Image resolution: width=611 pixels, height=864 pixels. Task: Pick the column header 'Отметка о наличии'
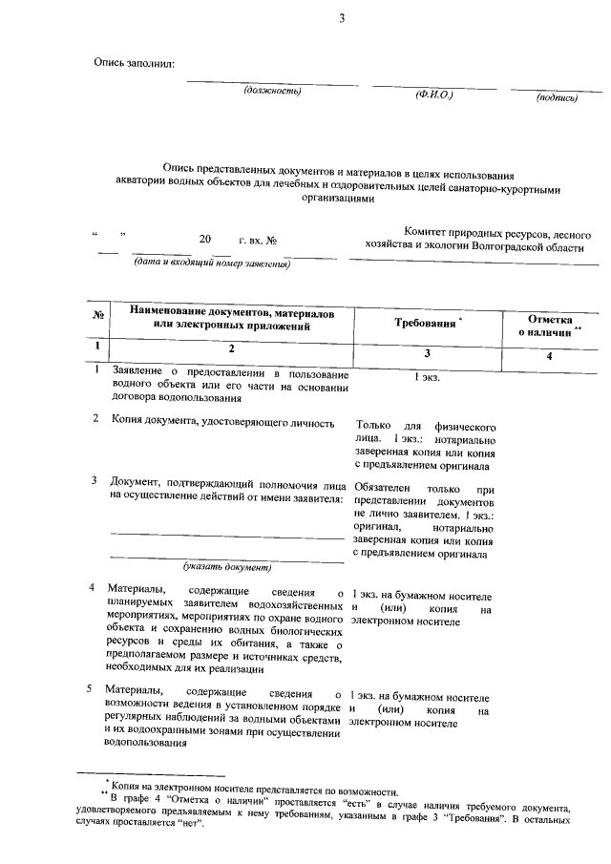pyautogui.click(x=549, y=325)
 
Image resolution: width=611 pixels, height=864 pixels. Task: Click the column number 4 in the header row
pyautogui.click(x=549, y=356)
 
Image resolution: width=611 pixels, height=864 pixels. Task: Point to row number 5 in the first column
pyautogui.click(x=89, y=688)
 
